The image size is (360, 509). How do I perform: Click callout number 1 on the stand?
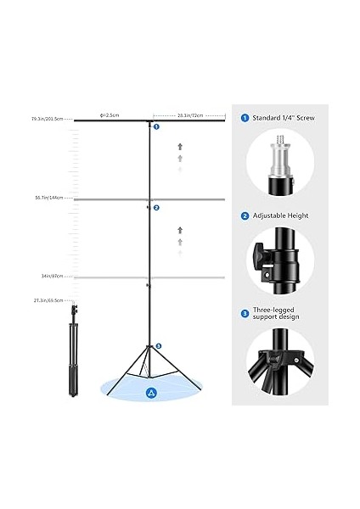point(156,126)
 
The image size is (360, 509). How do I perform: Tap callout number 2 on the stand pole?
point(156,207)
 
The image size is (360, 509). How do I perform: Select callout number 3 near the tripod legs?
point(157,346)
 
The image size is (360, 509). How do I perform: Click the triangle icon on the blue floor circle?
point(150,391)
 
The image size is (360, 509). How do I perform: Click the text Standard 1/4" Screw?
point(284,118)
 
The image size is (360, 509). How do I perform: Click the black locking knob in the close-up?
point(261,255)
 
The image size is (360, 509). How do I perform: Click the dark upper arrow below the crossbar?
point(180,147)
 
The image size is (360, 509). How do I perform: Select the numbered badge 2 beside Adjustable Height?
point(245,216)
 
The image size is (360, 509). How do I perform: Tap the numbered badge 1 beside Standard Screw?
point(245,118)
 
